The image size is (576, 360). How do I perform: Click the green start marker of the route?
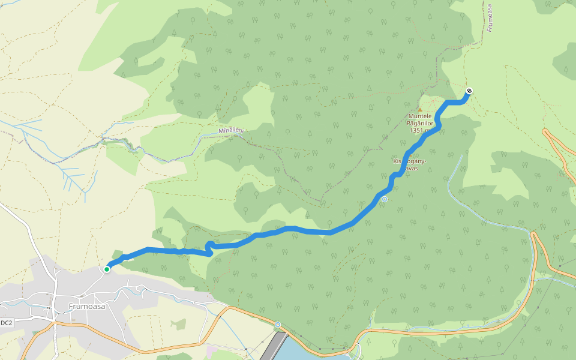[106, 269]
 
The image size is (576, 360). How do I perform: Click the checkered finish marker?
[469, 91]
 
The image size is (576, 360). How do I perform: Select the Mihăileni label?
[232, 130]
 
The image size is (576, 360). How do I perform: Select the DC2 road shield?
[7, 323]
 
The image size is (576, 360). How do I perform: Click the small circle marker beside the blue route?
[385, 199]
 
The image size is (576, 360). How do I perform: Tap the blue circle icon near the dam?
[278, 325]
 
